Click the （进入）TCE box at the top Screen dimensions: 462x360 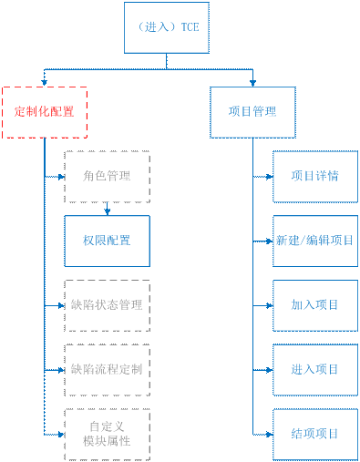click(166, 27)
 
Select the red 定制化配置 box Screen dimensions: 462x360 click(45, 112)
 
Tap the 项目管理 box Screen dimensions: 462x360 click(252, 112)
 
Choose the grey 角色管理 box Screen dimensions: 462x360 click(107, 175)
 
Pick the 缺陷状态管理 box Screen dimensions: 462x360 click(107, 304)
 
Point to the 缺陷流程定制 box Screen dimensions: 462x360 click(107, 369)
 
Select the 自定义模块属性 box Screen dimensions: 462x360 click(107, 434)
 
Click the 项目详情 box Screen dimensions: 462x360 click(314, 175)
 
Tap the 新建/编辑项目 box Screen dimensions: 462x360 click(314, 241)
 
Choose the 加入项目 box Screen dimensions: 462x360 click(314, 304)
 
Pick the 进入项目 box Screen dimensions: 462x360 click(314, 369)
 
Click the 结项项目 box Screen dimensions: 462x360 click(314, 434)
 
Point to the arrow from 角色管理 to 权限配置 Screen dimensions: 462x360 click(107, 208)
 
